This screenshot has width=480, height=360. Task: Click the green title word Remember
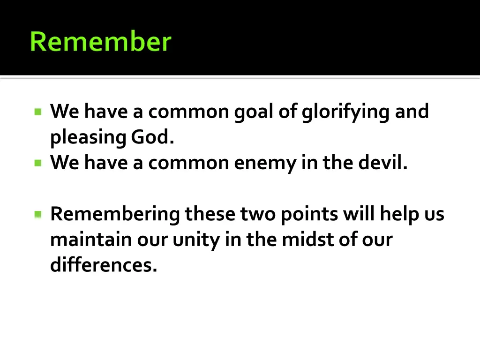click(100, 41)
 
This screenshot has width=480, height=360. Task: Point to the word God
click(152, 137)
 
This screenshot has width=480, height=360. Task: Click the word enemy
click(255, 164)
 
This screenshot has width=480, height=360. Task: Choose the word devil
click(383, 163)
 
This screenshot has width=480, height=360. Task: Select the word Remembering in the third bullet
click(115, 214)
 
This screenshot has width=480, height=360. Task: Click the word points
click(309, 214)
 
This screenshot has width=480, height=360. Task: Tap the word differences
click(103, 266)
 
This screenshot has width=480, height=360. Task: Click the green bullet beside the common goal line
click(38, 112)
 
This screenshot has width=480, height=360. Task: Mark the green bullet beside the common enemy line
click(38, 163)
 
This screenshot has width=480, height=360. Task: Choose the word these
click(210, 214)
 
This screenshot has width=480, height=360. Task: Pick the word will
click(359, 214)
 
